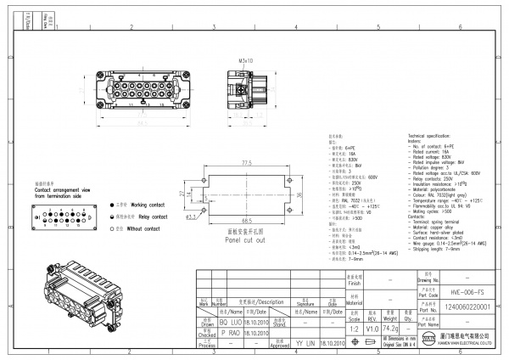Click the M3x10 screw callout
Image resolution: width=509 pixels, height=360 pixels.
click(x=247, y=61)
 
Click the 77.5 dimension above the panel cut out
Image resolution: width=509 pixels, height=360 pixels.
click(x=248, y=162)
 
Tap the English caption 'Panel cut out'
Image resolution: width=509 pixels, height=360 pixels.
click(x=247, y=239)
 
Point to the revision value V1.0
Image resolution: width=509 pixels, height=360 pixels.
click(x=371, y=327)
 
